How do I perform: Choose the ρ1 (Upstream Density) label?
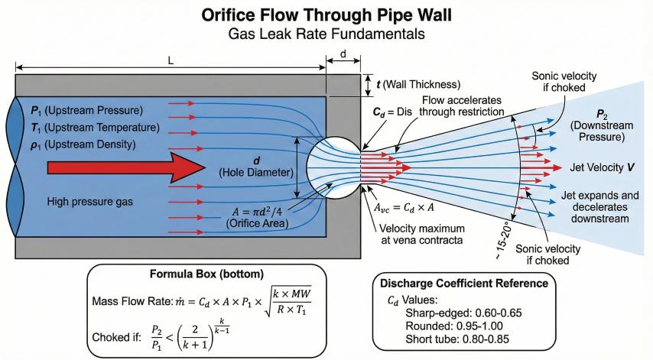(x=83, y=144)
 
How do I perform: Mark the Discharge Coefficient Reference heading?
(x=463, y=283)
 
